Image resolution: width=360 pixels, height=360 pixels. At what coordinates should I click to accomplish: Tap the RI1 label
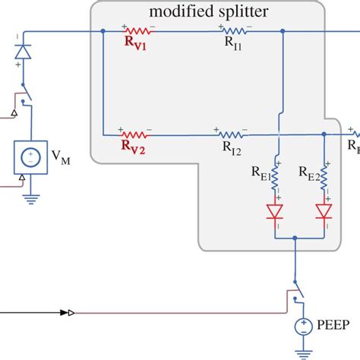pos(234,43)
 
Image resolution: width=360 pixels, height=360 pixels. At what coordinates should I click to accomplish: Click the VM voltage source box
pos(30,157)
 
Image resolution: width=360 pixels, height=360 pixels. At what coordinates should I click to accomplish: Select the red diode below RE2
pos(325,212)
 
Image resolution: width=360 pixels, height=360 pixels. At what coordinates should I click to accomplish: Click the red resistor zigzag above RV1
pos(137,31)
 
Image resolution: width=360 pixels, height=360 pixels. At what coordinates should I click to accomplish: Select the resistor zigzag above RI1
pos(234,32)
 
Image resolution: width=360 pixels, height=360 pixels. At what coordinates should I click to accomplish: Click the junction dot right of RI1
pos(283,32)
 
